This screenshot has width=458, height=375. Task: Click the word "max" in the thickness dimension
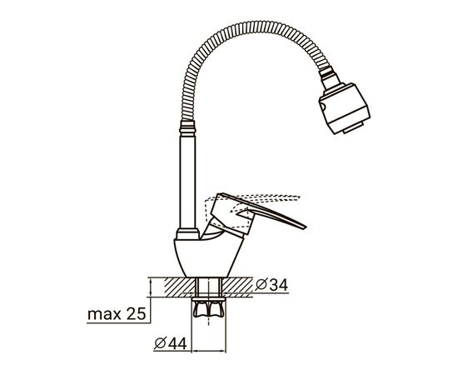tap(102, 315)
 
